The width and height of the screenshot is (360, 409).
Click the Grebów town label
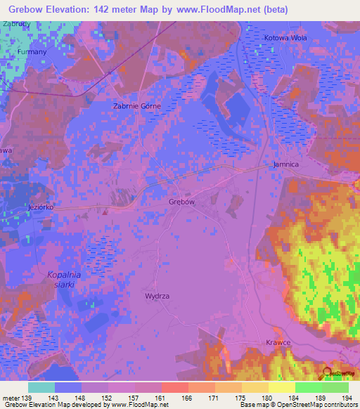click(181, 202)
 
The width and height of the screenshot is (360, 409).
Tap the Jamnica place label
click(286, 164)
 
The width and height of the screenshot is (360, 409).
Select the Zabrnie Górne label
click(137, 106)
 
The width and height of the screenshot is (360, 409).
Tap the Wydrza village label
click(157, 297)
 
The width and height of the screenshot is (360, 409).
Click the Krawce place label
click(279, 342)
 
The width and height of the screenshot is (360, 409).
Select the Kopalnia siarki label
click(63, 279)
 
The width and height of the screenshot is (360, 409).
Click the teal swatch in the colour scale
click(41, 387)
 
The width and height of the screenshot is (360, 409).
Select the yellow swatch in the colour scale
click(281, 387)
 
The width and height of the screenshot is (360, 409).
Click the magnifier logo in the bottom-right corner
click(328, 373)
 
